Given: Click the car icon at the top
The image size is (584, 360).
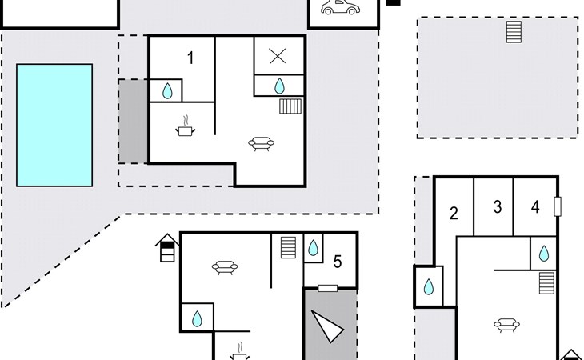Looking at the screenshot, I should point(339,8).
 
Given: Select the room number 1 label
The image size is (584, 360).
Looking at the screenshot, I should point(190,58).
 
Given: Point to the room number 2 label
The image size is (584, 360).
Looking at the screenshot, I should point(454,214).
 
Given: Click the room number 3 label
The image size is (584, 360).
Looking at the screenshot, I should point(498,207).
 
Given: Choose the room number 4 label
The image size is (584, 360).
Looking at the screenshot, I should point(535,207).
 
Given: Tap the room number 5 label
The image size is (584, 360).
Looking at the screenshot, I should point(338,261).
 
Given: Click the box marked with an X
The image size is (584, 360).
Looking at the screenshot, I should point(278,56).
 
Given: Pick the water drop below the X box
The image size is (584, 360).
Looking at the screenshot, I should point(280,86).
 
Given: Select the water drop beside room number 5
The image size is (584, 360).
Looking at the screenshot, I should point(313,246).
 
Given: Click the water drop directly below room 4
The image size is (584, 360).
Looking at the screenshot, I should point(544,254).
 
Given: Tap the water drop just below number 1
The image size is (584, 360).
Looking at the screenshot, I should point(167,90).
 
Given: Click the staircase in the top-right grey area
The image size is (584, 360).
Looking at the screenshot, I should point(514,33).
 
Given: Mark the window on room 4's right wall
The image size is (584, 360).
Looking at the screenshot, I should point(558,206).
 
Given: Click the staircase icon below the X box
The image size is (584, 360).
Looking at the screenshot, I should point(290,106).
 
